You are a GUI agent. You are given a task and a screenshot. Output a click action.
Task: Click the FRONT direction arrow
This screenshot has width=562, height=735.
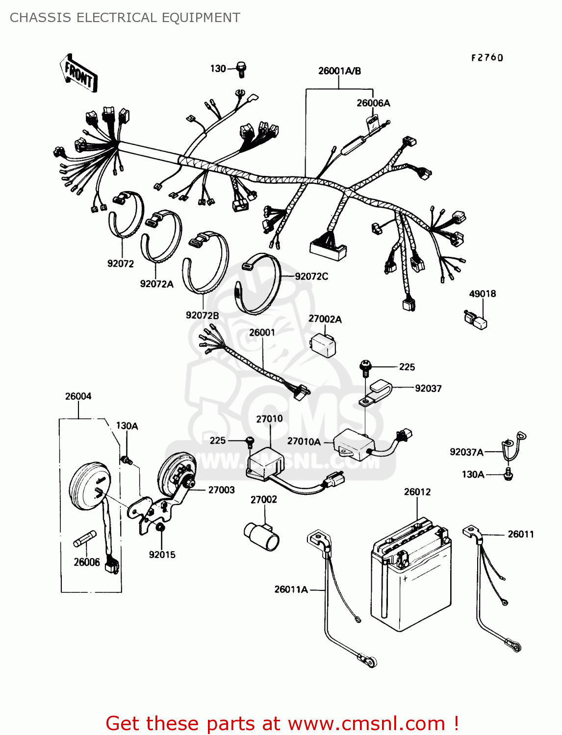point(78,73)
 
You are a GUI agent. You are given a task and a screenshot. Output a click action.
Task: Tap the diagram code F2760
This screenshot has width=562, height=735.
point(487,58)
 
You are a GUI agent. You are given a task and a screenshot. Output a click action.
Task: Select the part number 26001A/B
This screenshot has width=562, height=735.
point(339,71)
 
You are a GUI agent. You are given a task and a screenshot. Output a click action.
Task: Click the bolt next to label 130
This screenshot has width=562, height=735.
point(241,70)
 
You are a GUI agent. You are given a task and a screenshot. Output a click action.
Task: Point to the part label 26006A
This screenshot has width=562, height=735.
point(373,103)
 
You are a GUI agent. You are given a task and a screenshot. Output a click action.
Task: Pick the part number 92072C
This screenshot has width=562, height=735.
point(311,276)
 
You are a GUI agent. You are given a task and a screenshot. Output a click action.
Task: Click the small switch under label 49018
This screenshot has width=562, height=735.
point(475,319)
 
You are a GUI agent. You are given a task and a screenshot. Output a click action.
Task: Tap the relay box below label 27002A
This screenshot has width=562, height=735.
point(323,345)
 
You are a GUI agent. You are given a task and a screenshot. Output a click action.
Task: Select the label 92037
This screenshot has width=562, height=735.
point(428,389)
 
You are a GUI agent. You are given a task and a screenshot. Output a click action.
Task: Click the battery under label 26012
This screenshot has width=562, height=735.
point(411,575)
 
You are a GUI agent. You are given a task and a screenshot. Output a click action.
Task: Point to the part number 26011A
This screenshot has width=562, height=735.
point(291,589)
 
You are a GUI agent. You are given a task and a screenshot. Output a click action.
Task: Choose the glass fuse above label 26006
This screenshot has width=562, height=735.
point(85,539)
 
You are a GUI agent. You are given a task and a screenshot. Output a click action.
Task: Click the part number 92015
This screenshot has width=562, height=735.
point(162,555)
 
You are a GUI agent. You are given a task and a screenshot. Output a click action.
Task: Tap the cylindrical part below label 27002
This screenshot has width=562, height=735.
point(261,537)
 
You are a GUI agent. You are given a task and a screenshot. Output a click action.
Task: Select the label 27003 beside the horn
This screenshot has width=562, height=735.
point(222,490)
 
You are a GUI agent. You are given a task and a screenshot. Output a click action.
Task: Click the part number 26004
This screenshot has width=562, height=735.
point(78,396)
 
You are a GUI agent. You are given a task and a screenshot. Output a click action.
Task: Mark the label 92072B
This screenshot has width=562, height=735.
point(203,315)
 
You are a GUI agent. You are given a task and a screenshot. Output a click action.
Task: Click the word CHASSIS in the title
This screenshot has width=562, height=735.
point(41,18)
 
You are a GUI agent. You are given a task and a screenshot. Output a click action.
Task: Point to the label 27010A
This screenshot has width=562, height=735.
point(304,441)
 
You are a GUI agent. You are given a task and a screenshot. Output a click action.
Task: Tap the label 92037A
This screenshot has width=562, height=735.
point(466,452)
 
